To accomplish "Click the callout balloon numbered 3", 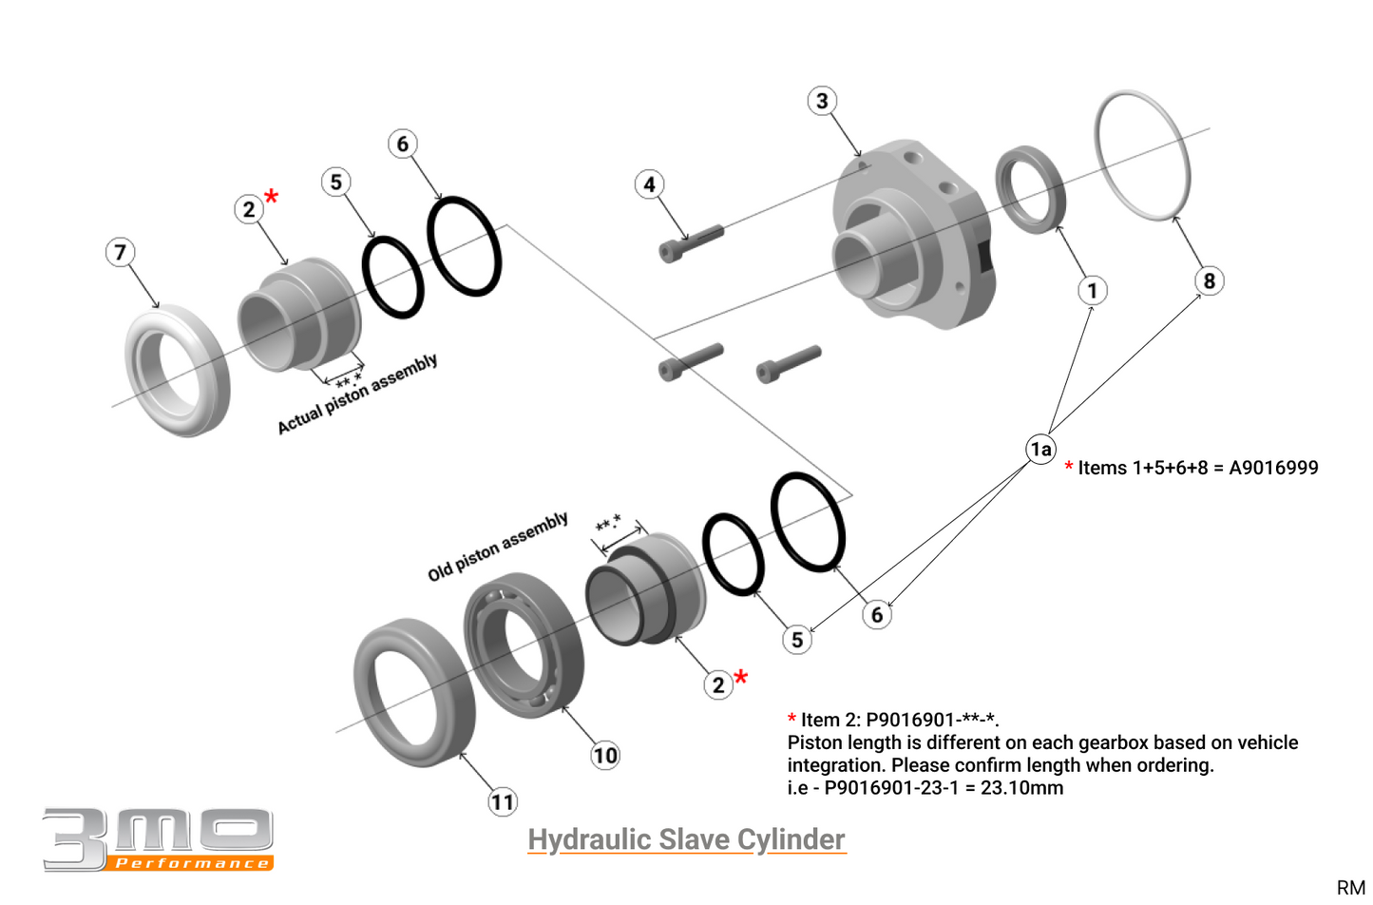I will [x=822, y=101].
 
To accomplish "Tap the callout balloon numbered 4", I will [x=649, y=184].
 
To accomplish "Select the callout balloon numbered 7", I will [x=120, y=252].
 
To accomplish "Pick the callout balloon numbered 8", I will [x=1209, y=280].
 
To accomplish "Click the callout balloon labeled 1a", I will [x=1041, y=449].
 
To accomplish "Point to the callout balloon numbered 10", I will [x=605, y=756].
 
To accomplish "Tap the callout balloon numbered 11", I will [x=503, y=802].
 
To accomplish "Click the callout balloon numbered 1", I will [x=1092, y=290].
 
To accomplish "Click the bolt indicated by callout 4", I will [x=691, y=242].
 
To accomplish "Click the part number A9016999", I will [x=1273, y=468].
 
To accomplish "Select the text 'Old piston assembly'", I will [x=498, y=547].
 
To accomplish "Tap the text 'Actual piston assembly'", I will [x=357, y=394].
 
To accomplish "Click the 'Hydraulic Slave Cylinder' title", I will [x=686, y=839].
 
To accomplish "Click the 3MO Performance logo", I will [x=158, y=839].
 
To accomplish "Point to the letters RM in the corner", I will [x=1350, y=887].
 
